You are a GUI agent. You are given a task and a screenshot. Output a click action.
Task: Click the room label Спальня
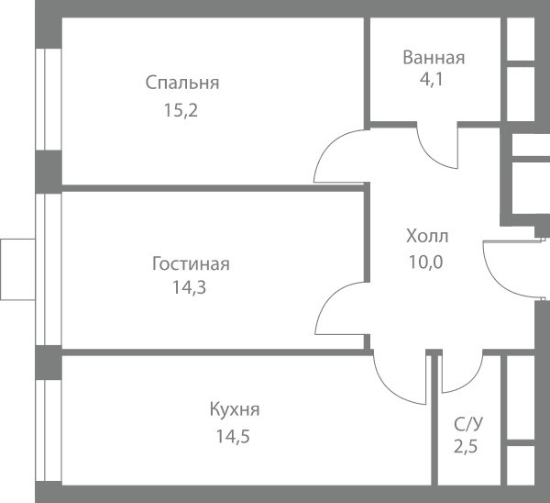click(182, 83)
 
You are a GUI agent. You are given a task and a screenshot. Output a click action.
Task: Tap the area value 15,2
click(181, 110)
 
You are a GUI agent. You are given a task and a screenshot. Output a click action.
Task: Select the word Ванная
click(434, 58)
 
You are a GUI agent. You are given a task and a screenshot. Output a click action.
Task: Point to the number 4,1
click(432, 79)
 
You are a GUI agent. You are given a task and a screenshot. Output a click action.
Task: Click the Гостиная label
click(191, 263)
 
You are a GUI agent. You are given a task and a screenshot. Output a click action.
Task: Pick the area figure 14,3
click(189, 287)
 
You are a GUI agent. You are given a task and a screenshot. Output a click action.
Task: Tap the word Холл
click(427, 236)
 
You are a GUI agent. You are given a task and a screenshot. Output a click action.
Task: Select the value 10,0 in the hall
click(426, 262)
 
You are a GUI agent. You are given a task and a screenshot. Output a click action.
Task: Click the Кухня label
click(235, 409)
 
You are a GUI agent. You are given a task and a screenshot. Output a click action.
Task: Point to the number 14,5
click(233, 437)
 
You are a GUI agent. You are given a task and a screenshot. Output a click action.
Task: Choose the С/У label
click(468, 424)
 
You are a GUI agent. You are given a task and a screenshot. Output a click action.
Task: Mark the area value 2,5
click(466, 447)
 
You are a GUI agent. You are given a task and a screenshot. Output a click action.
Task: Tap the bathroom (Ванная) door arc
click(429, 157)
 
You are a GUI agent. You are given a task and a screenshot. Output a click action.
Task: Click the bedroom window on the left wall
click(49, 99)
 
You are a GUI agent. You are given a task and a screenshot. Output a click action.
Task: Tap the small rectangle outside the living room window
click(17, 270)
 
